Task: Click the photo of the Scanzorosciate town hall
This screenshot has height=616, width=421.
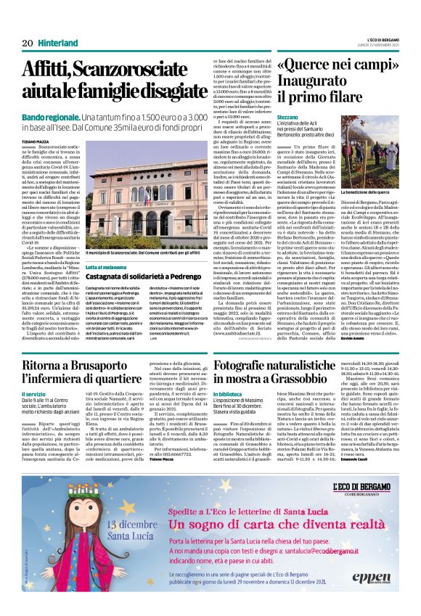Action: (x=144, y=203)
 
